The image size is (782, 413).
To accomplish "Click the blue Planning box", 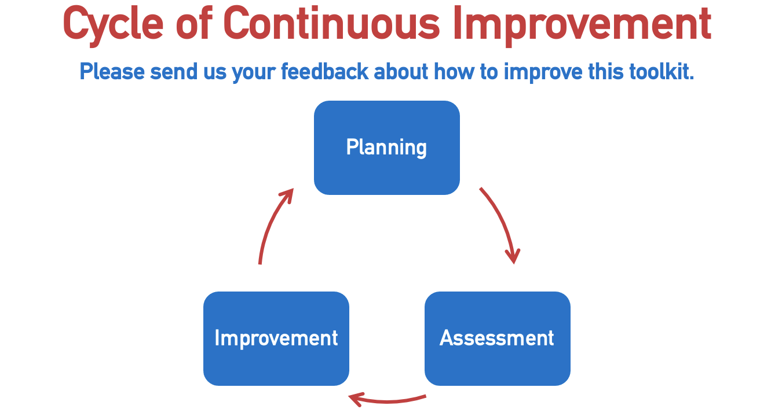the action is click(387, 147).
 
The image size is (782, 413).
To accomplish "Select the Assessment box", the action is click(498, 338).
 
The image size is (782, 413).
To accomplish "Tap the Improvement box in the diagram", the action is click(276, 338).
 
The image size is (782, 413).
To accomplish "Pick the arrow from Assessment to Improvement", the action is click(388, 401).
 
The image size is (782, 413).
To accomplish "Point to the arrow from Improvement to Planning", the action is click(271, 223).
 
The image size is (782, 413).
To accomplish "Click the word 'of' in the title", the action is click(193, 23).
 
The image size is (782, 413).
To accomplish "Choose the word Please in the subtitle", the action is click(112, 72).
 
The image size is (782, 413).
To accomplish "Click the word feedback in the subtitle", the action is click(324, 72).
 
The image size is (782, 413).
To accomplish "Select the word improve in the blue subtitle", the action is click(543, 72).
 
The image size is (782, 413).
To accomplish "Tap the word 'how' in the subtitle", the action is click(454, 72).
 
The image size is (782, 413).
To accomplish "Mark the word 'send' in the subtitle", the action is click(174, 72).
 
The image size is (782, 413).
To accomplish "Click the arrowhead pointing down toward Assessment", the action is click(513, 256).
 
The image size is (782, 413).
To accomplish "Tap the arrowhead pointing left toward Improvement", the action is click(356, 400).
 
